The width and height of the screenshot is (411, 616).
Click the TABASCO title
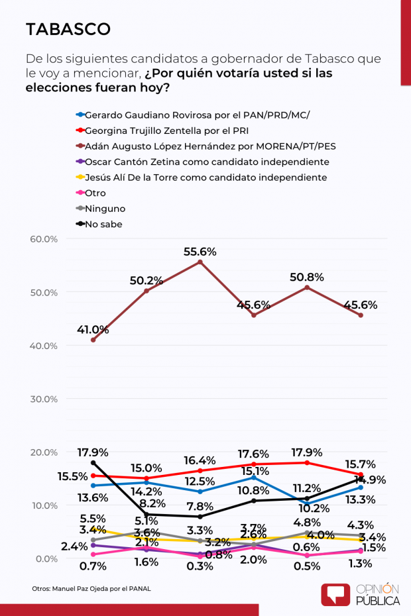[68, 29]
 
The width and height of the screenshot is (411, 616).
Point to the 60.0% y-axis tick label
[44, 239]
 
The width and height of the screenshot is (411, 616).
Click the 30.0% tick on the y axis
[44, 399]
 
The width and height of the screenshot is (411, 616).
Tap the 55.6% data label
[200, 252]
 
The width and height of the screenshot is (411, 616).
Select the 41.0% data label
[93, 329]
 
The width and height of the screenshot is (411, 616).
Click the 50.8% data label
[307, 277]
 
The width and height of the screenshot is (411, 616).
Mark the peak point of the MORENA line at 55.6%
[200, 262]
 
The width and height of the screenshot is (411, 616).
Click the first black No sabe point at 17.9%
[93, 462]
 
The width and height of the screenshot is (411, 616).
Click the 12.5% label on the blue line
[200, 481]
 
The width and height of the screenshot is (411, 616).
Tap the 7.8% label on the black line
[200, 506]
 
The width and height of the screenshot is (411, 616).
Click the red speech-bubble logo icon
[335, 594]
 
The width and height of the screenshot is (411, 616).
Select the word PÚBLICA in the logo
[379, 600]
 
